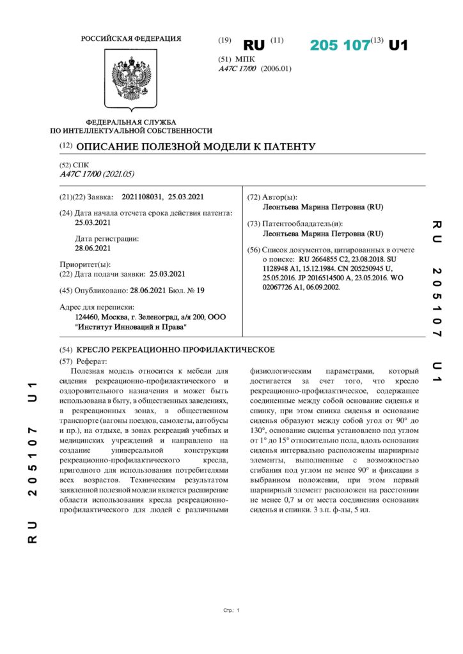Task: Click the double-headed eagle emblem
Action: click(x=131, y=81)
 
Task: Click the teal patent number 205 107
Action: click(x=340, y=45)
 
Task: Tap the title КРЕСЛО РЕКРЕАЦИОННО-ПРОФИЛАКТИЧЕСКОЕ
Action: click(x=176, y=349)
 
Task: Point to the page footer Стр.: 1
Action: click(x=231, y=611)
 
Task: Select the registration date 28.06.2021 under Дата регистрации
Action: click(x=93, y=248)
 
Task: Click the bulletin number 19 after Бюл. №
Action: click(x=201, y=290)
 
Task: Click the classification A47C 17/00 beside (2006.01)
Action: click(x=237, y=68)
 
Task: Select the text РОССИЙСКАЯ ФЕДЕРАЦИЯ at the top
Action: click(x=131, y=39)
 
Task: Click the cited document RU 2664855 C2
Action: click(x=327, y=261)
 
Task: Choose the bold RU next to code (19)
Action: click(x=254, y=45)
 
